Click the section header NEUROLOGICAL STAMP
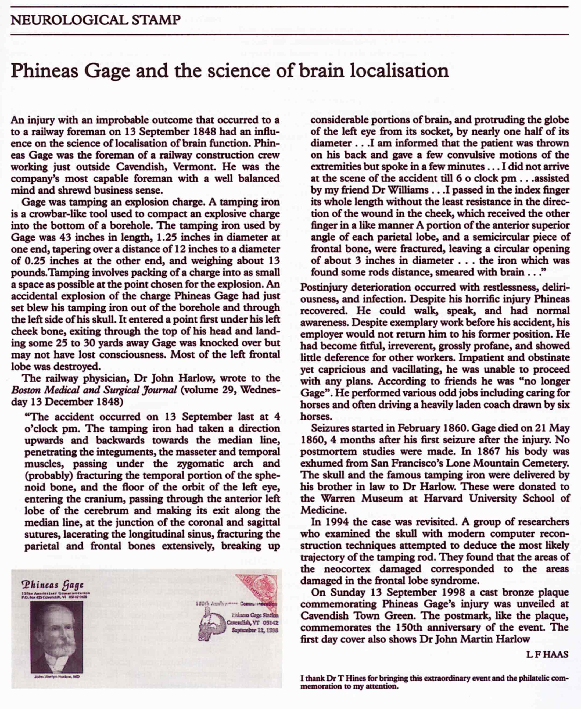tap(96, 20)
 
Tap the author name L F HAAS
tap(547, 654)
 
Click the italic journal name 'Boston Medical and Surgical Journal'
tap(94, 390)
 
